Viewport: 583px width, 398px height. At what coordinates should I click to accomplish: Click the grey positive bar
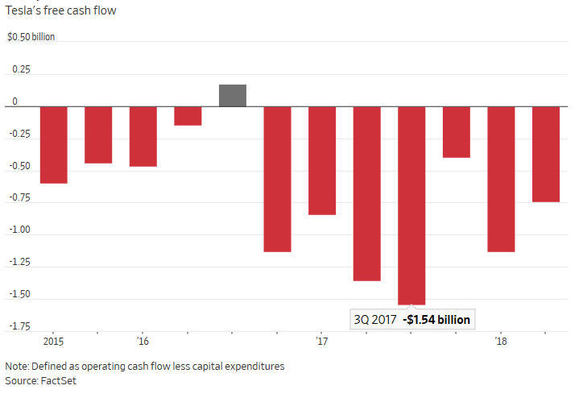(233, 95)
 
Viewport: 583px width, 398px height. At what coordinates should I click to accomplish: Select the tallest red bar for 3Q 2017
(411, 205)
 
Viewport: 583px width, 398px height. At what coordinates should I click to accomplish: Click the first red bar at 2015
(54, 145)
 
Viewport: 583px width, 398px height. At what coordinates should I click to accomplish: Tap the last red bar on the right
(546, 154)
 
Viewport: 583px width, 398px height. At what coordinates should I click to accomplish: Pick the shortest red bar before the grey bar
(188, 116)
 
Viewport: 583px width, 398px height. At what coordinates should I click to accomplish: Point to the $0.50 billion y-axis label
(31, 38)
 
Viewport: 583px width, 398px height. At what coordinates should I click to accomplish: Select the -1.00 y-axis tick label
(18, 230)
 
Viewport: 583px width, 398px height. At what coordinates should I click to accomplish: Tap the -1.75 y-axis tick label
(18, 326)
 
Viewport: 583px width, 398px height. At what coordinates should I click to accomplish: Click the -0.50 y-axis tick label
(18, 167)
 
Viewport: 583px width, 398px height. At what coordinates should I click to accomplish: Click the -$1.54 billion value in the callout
(437, 319)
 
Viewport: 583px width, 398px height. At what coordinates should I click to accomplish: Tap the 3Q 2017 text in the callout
(374, 319)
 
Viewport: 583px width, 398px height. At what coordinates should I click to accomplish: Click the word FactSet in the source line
(59, 380)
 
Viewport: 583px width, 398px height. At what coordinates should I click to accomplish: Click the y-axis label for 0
(14, 102)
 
